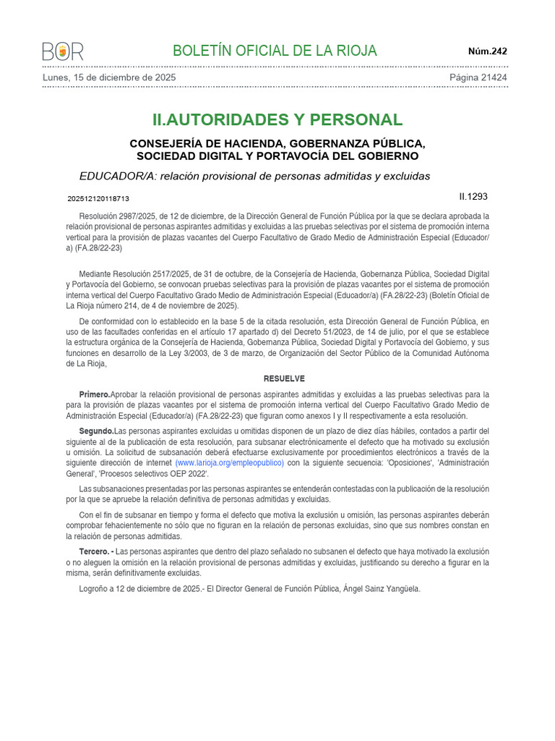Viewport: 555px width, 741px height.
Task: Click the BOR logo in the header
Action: point(63,51)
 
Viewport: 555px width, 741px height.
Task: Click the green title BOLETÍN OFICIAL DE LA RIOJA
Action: point(275,51)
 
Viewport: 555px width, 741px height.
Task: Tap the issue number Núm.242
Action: point(488,51)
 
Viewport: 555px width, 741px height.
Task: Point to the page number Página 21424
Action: point(478,77)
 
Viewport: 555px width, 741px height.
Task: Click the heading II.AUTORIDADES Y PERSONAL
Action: point(277,120)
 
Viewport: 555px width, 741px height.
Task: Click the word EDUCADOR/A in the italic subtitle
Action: point(117,176)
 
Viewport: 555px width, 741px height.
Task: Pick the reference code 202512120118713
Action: point(98,198)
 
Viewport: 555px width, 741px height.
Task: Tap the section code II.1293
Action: point(473,196)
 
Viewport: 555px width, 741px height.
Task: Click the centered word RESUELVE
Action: point(284,378)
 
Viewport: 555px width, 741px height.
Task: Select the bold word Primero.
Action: point(95,394)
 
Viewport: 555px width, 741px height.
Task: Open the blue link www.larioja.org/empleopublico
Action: point(229,462)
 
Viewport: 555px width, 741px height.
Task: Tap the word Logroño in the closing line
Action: point(95,589)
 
